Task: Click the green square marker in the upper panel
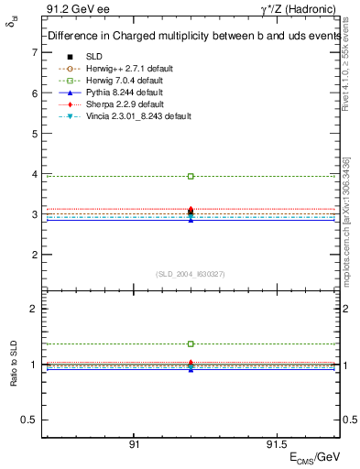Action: click(x=191, y=176)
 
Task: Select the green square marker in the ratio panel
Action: click(x=191, y=344)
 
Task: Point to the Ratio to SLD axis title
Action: click(x=14, y=364)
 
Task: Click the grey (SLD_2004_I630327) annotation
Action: click(x=191, y=273)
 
